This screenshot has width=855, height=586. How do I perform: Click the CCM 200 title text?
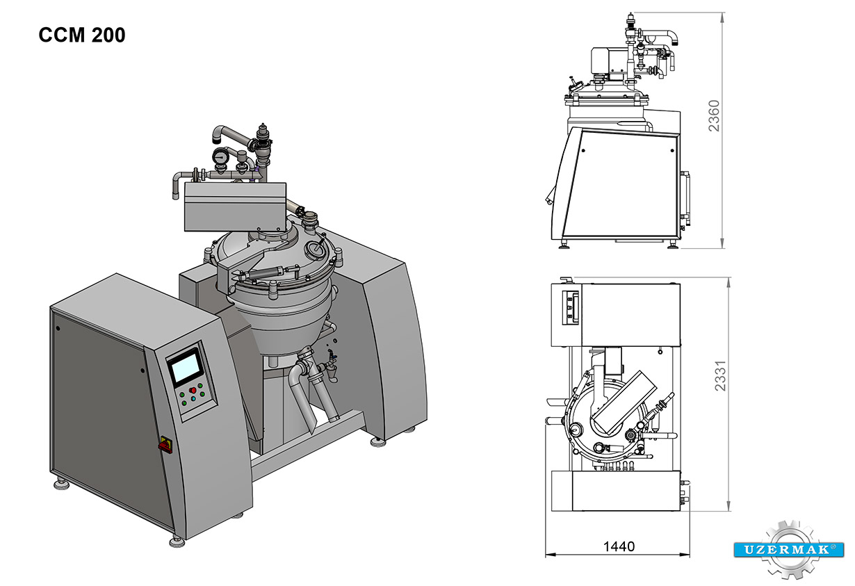click(82, 35)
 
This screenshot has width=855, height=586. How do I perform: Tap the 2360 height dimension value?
click(714, 116)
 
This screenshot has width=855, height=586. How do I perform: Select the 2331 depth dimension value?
click(720, 375)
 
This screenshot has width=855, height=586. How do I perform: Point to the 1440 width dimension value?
click(619, 546)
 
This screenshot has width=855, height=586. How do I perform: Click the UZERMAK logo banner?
click(788, 550)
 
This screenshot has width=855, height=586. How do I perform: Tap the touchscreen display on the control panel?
click(186, 367)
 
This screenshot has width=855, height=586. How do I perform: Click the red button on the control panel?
click(193, 390)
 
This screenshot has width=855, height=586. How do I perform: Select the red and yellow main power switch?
click(165, 445)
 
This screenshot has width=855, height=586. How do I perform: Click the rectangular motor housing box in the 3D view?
click(235, 206)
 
